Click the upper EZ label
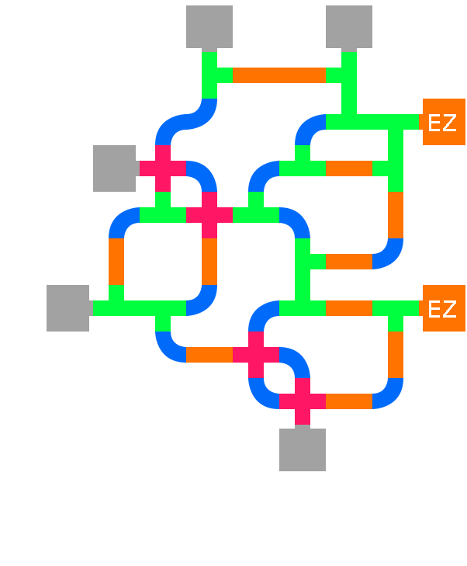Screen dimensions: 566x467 click(441, 123)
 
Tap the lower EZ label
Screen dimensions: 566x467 click(441, 309)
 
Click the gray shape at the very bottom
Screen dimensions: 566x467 click(303, 489)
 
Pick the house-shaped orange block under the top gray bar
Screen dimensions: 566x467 click(278, 66)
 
